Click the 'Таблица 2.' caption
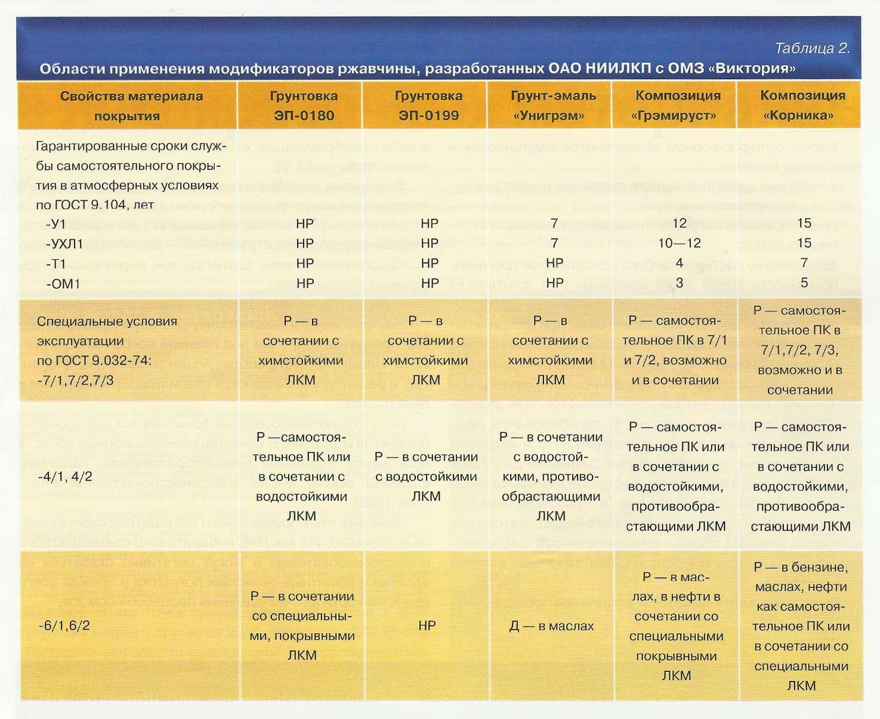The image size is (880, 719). pyautogui.click(x=812, y=48)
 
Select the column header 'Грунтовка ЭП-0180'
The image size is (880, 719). pyautogui.click(x=304, y=106)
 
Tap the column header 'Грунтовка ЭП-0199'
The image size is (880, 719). pyautogui.click(x=428, y=106)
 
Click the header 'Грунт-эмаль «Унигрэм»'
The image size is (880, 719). pyautogui.click(x=553, y=106)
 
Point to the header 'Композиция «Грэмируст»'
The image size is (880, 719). pyautogui.click(x=678, y=106)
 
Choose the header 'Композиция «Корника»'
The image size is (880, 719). pyautogui.click(x=802, y=106)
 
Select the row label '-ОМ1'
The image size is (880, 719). pyautogui.click(x=63, y=284)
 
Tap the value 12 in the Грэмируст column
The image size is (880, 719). pyautogui.click(x=679, y=223)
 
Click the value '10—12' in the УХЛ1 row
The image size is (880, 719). pyautogui.click(x=679, y=243)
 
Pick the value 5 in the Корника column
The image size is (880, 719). pyautogui.click(x=804, y=283)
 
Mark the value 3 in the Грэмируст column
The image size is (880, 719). pyautogui.click(x=679, y=283)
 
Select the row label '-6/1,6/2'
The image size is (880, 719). pyautogui.click(x=64, y=625)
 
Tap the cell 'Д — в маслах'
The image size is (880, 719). pyautogui.click(x=551, y=626)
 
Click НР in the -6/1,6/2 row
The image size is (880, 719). pyautogui.click(x=427, y=625)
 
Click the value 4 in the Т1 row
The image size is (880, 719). pyautogui.click(x=679, y=263)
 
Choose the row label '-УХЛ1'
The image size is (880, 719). pyautogui.click(x=64, y=244)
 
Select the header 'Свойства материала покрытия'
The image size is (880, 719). pyautogui.click(x=131, y=106)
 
